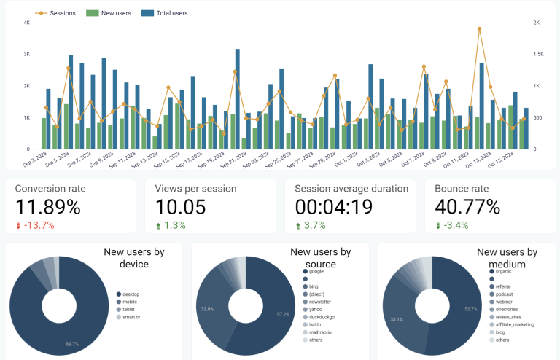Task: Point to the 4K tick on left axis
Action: point(26,23)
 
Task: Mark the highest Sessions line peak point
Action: point(479,29)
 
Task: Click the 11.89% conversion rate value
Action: point(48,208)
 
